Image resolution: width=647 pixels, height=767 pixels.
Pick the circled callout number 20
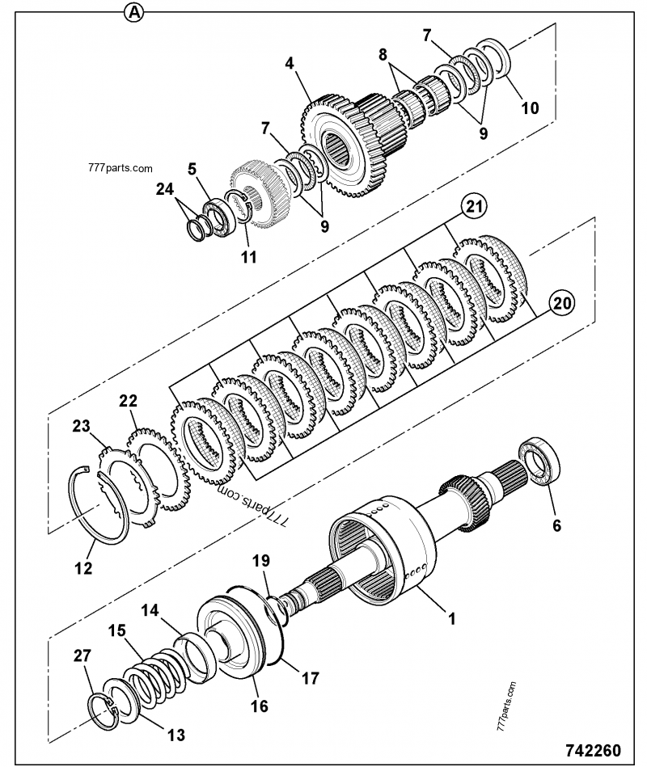click(564, 304)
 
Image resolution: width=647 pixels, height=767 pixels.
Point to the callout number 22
click(128, 400)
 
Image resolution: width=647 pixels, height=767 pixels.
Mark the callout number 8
click(383, 55)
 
